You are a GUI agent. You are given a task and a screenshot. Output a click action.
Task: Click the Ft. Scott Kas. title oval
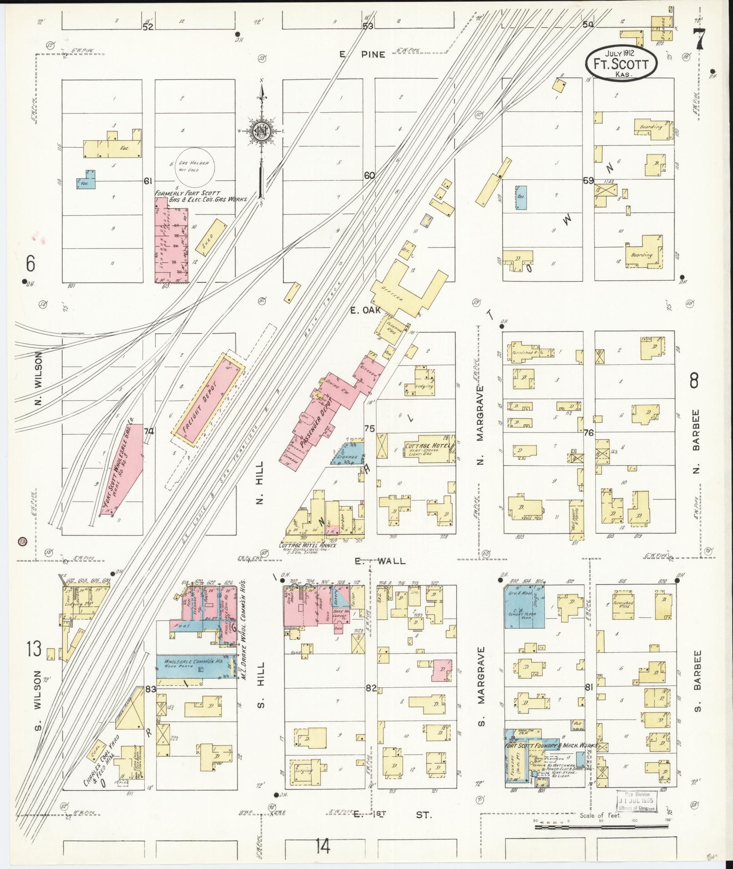pos(621,64)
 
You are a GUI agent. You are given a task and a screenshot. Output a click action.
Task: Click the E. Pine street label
pos(362,55)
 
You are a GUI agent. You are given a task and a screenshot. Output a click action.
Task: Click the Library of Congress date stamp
pos(637,803)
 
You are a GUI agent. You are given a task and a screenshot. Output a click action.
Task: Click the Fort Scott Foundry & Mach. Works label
pos(544,746)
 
